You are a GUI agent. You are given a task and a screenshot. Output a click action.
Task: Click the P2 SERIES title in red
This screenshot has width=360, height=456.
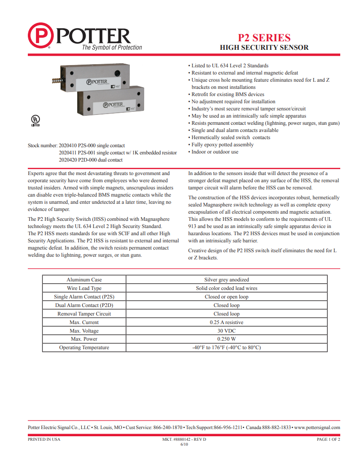[x=264, y=38]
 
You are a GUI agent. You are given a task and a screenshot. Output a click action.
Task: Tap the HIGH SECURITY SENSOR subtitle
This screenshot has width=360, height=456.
[x=264, y=48]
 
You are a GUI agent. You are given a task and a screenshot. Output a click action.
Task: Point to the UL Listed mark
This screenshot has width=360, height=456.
[x=35, y=121]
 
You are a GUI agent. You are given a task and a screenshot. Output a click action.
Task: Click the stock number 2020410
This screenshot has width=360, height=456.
[x=68, y=145]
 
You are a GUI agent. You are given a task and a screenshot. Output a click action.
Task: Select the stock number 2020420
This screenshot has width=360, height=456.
[x=68, y=160]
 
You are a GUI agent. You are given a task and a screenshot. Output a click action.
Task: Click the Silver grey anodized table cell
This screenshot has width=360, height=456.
[x=226, y=280]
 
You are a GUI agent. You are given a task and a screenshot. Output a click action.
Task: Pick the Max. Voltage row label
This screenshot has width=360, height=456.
[x=84, y=331]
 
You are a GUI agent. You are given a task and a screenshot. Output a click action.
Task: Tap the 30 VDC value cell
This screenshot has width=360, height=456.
[x=226, y=331]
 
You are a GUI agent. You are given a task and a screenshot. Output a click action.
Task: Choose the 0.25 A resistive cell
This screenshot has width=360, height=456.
[x=226, y=322]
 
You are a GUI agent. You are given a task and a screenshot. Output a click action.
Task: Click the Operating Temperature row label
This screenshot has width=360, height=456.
[x=84, y=348]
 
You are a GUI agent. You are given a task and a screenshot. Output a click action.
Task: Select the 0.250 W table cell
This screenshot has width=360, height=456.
[x=226, y=339]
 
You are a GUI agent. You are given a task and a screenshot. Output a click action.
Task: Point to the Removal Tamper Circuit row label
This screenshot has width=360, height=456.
[x=84, y=314]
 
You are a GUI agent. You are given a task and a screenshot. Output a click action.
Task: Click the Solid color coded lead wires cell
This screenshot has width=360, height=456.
[x=226, y=288]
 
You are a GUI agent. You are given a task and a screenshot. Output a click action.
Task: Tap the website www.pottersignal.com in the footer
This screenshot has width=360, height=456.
[x=317, y=428]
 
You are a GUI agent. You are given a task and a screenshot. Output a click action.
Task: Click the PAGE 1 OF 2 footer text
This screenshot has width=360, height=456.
[x=328, y=439]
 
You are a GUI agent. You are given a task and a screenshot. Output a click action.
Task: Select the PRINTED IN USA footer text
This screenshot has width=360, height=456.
[x=44, y=439]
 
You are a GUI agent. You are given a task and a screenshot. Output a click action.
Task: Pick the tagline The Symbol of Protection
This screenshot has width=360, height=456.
[x=111, y=48]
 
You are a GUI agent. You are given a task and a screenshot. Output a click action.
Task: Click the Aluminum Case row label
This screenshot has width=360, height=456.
[x=84, y=280]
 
